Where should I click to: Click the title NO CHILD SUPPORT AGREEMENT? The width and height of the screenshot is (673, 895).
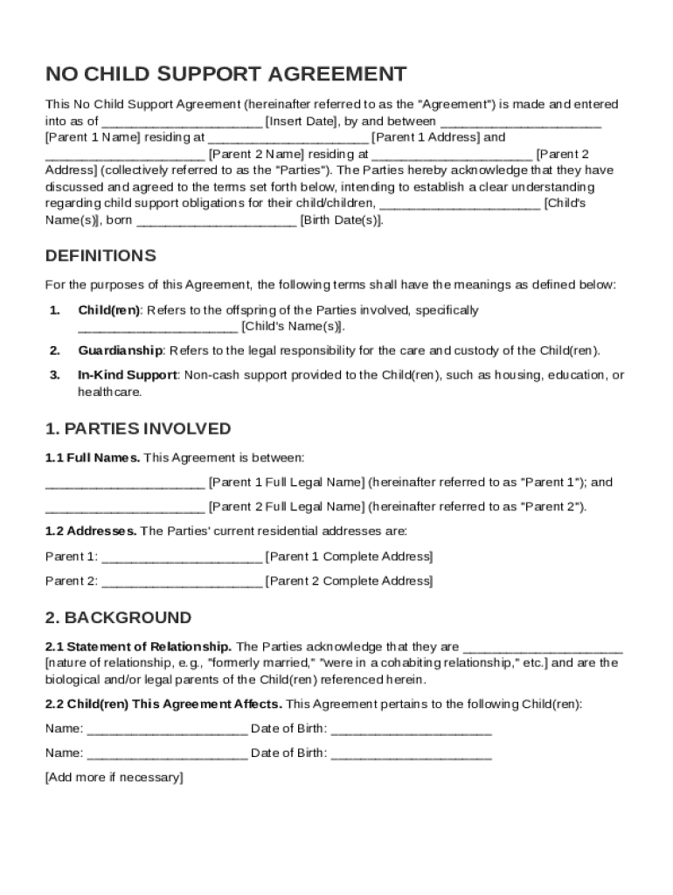tap(225, 73)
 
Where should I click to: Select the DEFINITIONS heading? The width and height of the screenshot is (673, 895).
tap(101, 256)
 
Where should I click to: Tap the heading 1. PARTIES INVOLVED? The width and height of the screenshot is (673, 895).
tap(138, 429)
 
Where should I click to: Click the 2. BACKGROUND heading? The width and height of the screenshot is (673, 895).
tap(118, 618)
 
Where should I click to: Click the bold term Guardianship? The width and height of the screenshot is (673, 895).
tap(120, 351)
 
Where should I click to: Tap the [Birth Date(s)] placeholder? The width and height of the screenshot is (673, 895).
tap(341, 220)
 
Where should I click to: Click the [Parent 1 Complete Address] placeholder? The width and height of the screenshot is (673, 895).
tap(348, 557)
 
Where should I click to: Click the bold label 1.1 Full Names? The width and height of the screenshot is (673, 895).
tap(92, 457)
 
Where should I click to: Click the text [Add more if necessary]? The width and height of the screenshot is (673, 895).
tap(114, 778)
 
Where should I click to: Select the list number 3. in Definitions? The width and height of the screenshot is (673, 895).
tap(54, 375)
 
